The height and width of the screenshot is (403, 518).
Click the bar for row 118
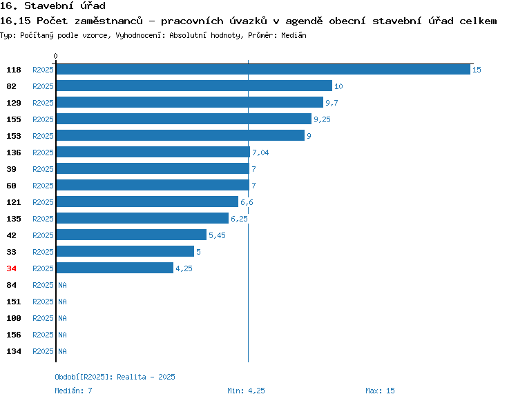[x=263, y=69]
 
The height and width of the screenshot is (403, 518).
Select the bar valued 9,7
[x=190, y=102]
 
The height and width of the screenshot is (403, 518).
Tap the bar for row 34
[x=115, y=268]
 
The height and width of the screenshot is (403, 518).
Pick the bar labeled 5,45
[x=131, y=235]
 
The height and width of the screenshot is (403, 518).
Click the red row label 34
[x=11, y=268]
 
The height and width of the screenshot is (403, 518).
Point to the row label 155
[x=14, y=119]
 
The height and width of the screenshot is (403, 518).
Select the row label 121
[x=14, y=202]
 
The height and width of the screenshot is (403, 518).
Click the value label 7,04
[x=260, y=153]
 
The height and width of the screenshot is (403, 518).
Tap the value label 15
[x=477, y=70]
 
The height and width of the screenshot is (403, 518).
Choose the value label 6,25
[x=239, y=219]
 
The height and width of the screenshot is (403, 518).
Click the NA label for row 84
[x=62, y=285]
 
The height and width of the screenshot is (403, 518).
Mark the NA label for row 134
[x=62, y=351]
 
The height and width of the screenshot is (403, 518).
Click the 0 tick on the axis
[x=55, y=56]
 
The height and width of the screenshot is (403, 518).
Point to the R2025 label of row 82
[x=43, y=86]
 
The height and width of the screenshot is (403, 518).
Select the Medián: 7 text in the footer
[x=73, y=391]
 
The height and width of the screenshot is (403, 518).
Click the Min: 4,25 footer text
[x=246, y=391]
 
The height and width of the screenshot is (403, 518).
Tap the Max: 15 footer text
[x=380, y=391]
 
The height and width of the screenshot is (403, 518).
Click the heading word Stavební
[x=48, y=6]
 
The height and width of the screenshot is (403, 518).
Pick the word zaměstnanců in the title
[x=108, y=21]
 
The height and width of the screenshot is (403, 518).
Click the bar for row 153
[x=180, y=135]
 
